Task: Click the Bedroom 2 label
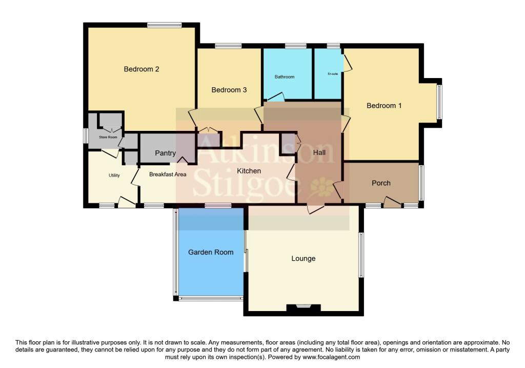(142, 69)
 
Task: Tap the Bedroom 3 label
(229, 90)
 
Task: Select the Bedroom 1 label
(384, 106)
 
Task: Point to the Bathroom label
(285, 77)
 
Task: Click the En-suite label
(333, 74)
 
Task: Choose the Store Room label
(108, 137)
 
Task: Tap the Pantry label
(166, 153)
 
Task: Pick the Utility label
(114, 176)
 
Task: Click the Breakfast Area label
(168, 175)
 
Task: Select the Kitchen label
(249, 171)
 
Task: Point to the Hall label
(319, 152)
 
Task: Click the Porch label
(381, 183)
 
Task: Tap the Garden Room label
(211, 252)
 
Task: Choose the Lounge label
(304, 258)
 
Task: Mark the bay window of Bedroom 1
(439, 102)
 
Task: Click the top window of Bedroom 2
(164, 25)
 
